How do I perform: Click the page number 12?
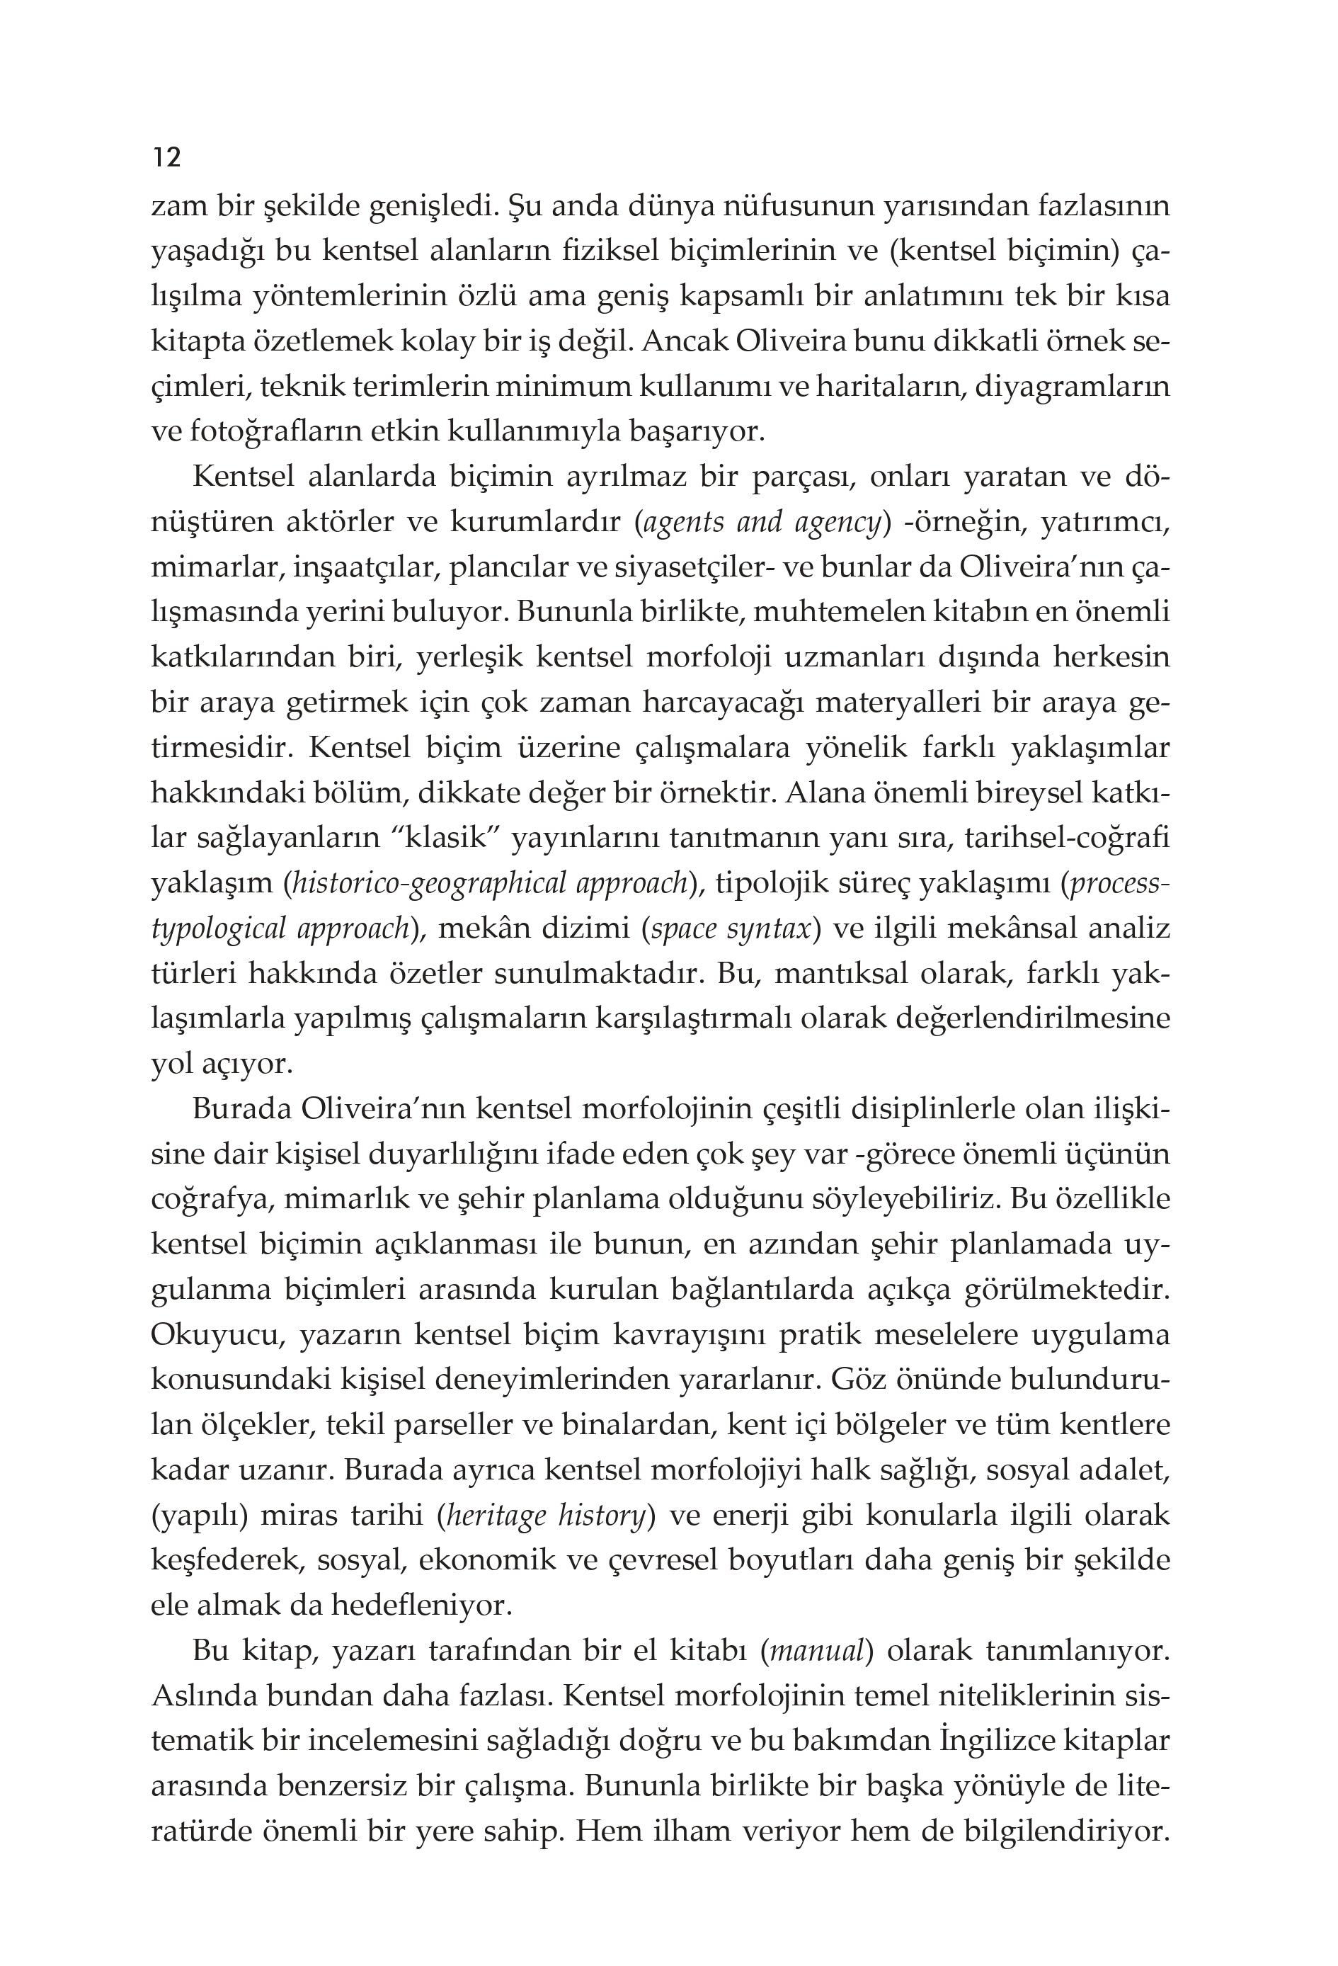tap(166, 157)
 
